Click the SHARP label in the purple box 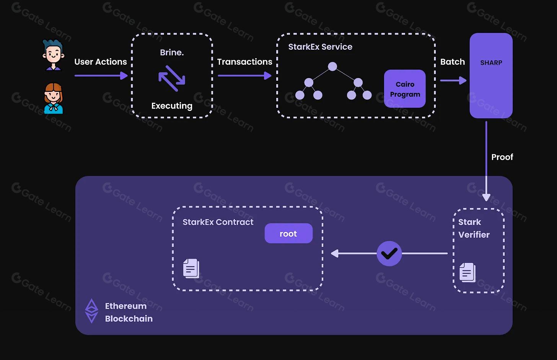(491, 63)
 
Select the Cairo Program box (405, 89)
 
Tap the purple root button (288, 233)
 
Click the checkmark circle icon (389, 253)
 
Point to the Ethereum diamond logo (91, 311)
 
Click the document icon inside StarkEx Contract (191, 268)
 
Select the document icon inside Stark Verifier (467, 272)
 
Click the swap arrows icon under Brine (172, 78)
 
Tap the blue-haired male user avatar (54, 55)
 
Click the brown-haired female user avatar (53, 98)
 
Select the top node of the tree (332, 67)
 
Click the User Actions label (101, 62)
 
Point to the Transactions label (244, 62)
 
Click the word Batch (452, 62)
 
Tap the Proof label (502, 157)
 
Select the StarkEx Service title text (320, 47)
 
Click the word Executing (172, 106)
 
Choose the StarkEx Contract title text (218, 222)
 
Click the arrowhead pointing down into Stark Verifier (486, 197)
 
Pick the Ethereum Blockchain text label (129, 312)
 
